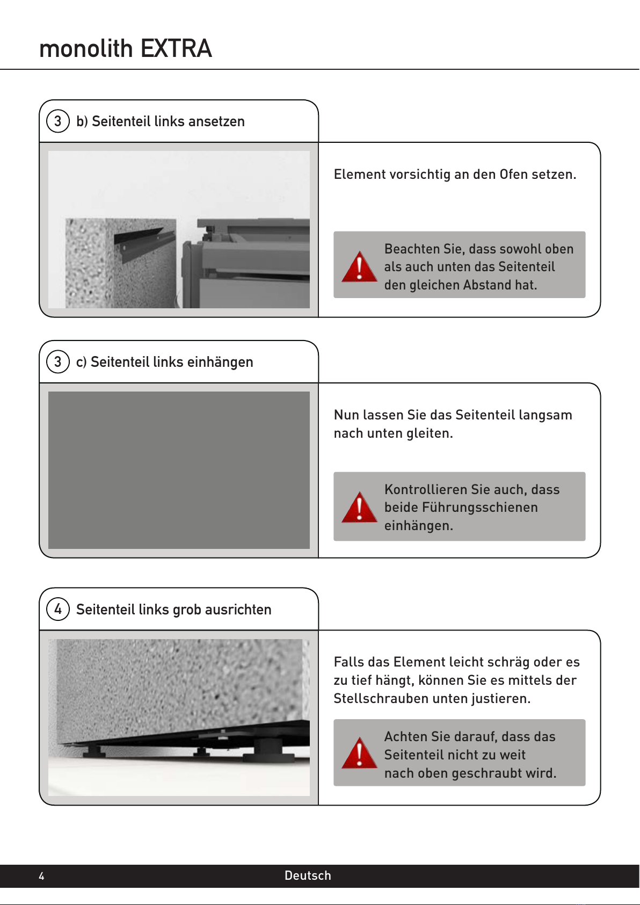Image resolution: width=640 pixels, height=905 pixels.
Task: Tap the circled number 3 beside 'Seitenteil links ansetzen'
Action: (58, 121)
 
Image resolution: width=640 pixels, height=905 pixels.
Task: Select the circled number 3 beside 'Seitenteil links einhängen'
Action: (58, 361)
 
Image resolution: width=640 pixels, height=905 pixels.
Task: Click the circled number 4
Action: (58, 609)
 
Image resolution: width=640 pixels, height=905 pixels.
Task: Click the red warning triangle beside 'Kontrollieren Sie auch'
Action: (359, 508)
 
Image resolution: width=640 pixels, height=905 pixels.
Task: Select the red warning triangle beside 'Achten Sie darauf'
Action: (359, 754)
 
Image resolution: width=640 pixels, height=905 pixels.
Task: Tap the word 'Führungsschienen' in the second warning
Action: (461, 508)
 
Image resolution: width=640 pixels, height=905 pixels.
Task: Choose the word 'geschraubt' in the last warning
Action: (486, 773)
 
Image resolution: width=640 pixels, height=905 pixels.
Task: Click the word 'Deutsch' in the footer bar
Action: (308, 875)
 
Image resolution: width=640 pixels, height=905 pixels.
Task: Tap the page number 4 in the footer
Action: (41, 876)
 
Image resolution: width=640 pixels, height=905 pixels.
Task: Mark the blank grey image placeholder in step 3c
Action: (179, 470)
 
